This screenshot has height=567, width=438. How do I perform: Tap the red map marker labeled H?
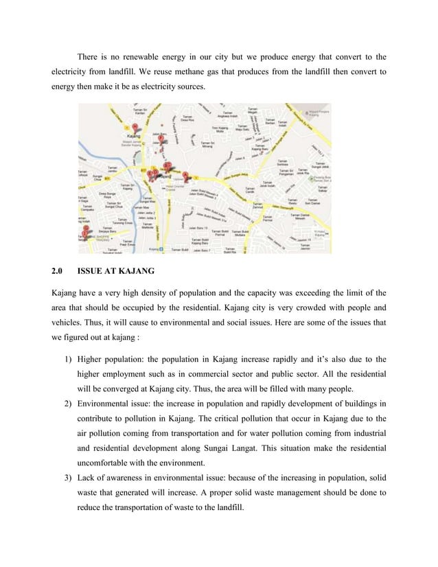(x=135, y=127)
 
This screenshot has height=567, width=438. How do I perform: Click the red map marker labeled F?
(x=160, y=138)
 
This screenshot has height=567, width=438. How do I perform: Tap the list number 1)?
(x=68, y=358)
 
